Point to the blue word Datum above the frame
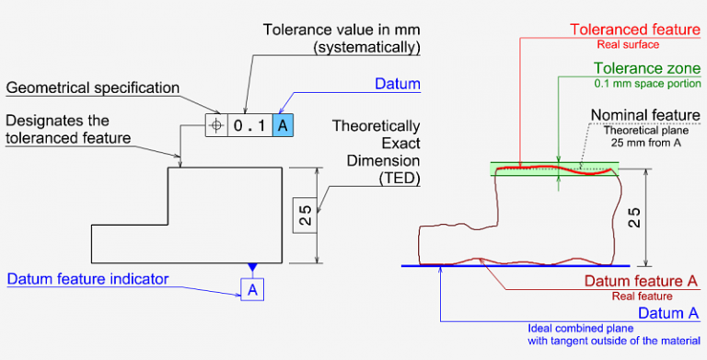(397, 84)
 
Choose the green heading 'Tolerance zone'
(644, 69)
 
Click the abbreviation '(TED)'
(399, 180)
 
